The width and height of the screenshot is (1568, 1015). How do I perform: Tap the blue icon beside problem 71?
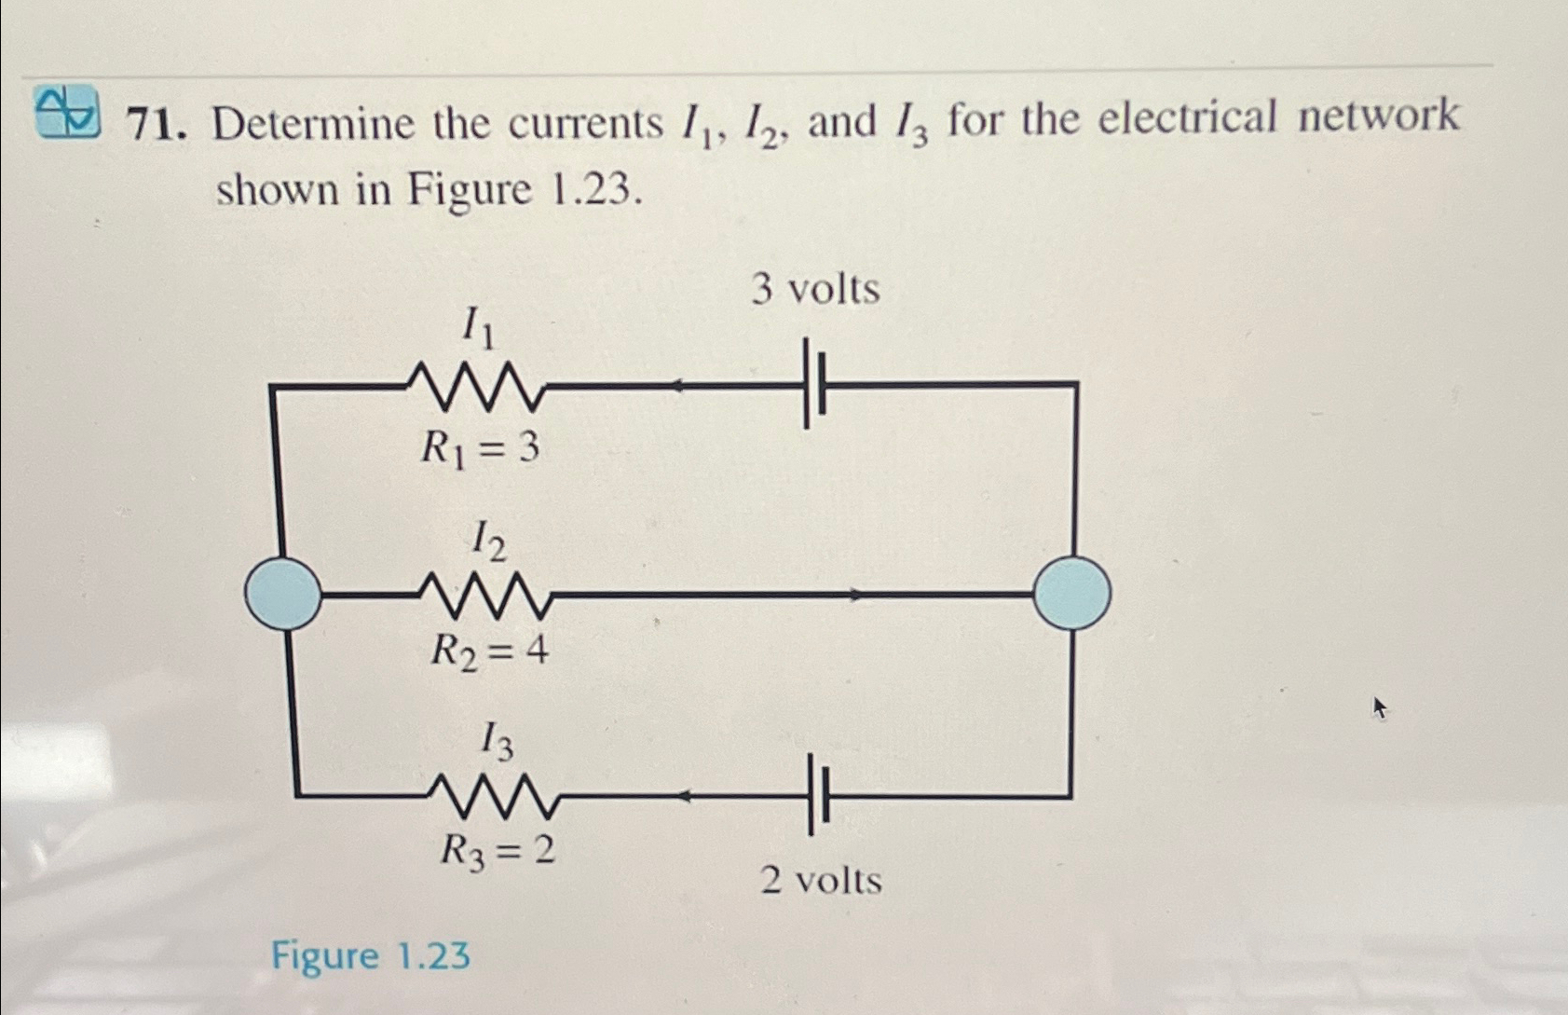67,110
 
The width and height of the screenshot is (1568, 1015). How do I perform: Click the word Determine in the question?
312,124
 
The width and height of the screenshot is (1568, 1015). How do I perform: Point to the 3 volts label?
815,290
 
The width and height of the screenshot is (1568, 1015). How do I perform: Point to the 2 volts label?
821,880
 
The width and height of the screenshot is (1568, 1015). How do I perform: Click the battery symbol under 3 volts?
815,383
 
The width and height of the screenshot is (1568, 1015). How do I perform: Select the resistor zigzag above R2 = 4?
486,596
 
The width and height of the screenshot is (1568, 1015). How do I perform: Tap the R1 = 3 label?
480,449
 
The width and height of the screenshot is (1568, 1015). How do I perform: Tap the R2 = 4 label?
489,651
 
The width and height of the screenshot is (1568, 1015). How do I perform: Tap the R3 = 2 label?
498,850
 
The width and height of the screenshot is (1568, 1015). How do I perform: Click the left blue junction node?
282,593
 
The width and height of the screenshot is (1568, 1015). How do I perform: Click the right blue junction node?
1071,593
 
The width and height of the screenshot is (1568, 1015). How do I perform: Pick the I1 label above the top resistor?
478,327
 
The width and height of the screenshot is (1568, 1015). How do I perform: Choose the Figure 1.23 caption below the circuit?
371,956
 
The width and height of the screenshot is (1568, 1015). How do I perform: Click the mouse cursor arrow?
1380,709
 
